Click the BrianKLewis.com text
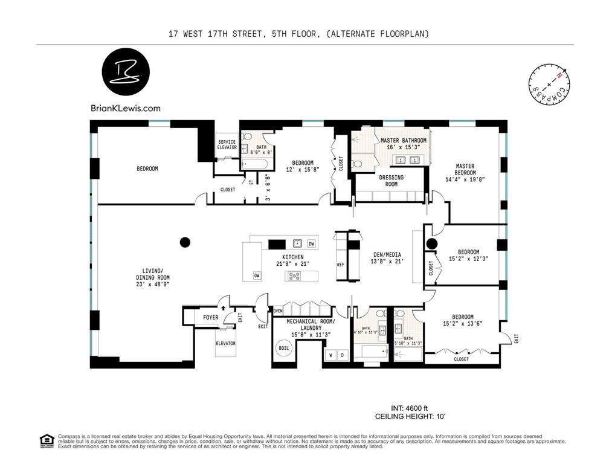click(125, 109)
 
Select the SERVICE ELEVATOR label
click(227, 145)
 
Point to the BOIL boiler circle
click(283, 349)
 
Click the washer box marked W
click(330, 355)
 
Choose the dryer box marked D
click(343, 355)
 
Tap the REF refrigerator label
click(340, 265)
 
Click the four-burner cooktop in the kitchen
click(295, 276)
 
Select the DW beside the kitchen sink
click(311, 243)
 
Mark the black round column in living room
click(185, 242)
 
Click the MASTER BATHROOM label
click(403, 140)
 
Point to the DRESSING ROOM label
click(391, 181)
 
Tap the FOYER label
click(210, 317)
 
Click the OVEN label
click(278, 311)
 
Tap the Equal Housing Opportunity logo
click(45, 440)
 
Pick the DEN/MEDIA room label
click(386, 254)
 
